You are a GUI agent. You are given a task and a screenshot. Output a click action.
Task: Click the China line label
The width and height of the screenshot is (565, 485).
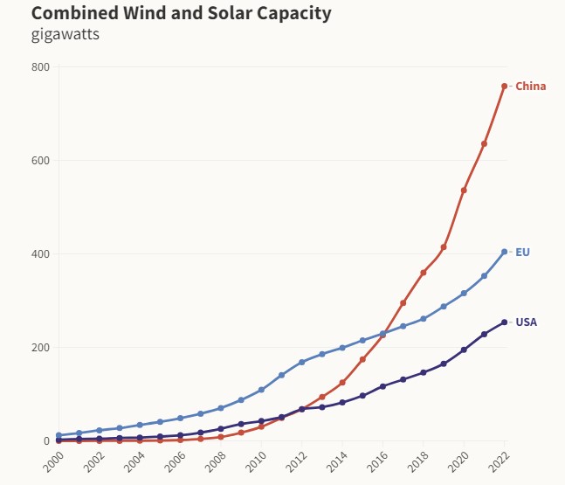[530, 86]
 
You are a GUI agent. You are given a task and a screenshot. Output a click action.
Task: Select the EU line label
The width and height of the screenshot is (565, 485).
[522, 252]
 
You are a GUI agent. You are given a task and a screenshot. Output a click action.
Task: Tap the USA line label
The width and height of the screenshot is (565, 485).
[526, 322]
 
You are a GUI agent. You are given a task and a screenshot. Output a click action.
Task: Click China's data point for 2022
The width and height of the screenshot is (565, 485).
[505, 86]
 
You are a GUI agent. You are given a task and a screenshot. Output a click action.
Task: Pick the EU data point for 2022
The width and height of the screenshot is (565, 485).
[505, 252]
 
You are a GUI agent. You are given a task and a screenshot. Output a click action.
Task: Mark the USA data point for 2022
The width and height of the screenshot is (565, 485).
[505, 322]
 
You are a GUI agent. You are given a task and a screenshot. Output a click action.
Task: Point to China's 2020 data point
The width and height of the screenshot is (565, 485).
[464, 190]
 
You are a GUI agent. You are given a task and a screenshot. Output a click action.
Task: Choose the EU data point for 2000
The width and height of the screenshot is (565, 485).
[59, 435]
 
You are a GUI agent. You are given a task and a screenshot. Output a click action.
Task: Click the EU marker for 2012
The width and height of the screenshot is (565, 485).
[302, 362]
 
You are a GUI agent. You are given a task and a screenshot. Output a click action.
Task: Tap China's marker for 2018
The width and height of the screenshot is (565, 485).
[424, 273]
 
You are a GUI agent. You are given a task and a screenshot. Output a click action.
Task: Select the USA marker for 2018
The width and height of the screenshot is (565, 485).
[424, 372]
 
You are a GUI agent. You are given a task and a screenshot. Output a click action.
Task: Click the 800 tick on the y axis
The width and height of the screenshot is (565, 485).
[40, 67]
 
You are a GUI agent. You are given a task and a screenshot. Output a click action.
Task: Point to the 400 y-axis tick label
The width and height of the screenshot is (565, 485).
[40, 254]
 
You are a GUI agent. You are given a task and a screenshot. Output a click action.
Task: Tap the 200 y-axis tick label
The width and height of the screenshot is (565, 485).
[40, 348]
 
